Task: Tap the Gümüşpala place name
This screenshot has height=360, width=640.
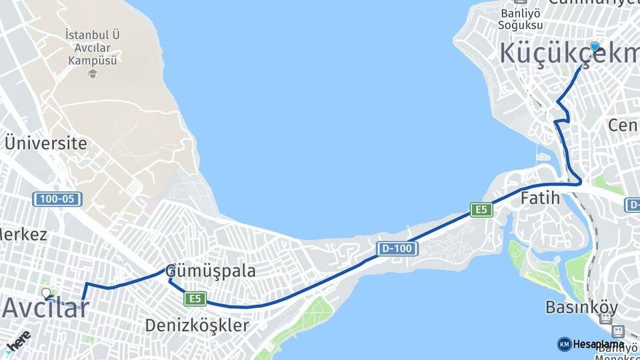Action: coord(211,271)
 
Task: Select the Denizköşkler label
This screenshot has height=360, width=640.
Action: coord(197,326)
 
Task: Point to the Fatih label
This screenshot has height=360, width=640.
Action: coord(540,198)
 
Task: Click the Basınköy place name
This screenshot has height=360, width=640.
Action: coord(582,308)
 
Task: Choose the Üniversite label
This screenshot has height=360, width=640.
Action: coord(45,143)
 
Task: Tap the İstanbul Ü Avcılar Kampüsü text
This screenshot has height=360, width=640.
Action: coord(93,47)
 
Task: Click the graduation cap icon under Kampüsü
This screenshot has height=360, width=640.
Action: coord(93,72)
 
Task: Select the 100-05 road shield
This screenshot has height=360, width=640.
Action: coord(57,199)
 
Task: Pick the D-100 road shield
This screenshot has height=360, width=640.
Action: coord(397,249)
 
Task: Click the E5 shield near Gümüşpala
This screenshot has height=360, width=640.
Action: coord(195,299)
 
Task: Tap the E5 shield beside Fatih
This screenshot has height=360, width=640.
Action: coord(481,210)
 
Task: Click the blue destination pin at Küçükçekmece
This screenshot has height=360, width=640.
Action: coord(595,47)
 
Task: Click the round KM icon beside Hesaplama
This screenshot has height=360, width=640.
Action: coord(564,344)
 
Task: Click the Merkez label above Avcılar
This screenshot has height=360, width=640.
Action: coord(24,235)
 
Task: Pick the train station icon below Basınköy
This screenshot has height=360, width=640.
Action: coord(618,331)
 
